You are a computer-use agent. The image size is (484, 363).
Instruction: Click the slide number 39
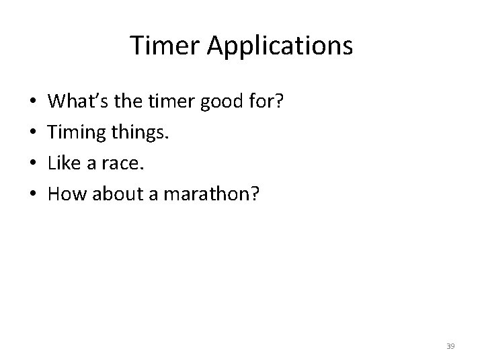pos(450,346)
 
